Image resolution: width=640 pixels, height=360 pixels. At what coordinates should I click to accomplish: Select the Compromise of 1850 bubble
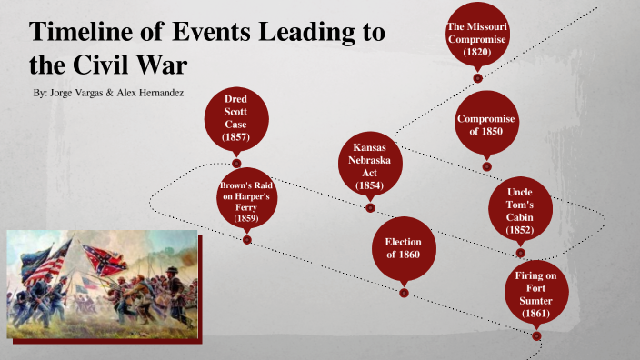pyautogui.click(x=486, y=125)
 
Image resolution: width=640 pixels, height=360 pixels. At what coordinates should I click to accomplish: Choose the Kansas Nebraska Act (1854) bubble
pyautogui.click(x=370, y=166)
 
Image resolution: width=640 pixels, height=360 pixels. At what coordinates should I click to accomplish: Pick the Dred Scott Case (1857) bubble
pyautogui.click(x=235, y=117)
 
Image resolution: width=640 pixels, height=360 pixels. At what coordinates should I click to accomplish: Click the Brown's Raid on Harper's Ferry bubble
pyautogui.click(x=246, y=201)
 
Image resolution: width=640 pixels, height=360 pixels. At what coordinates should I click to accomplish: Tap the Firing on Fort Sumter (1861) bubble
pyautogui.click(x=536, y=294)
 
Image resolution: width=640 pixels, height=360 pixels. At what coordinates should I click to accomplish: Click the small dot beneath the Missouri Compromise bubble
pyautogui.click(x=477, y=78)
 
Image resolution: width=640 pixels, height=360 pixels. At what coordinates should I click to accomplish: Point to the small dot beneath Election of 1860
pyautogui.click(x=404, y=292)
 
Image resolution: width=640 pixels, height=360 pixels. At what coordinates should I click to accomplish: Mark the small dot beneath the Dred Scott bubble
pyautogui.click(x=235, y=163)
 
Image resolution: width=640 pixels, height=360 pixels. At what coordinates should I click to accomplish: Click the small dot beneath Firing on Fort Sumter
pyautogui.click(x=536, y=335)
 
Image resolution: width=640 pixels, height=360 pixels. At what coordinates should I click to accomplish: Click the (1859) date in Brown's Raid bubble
pyautogui.click(x=246, y=219)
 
